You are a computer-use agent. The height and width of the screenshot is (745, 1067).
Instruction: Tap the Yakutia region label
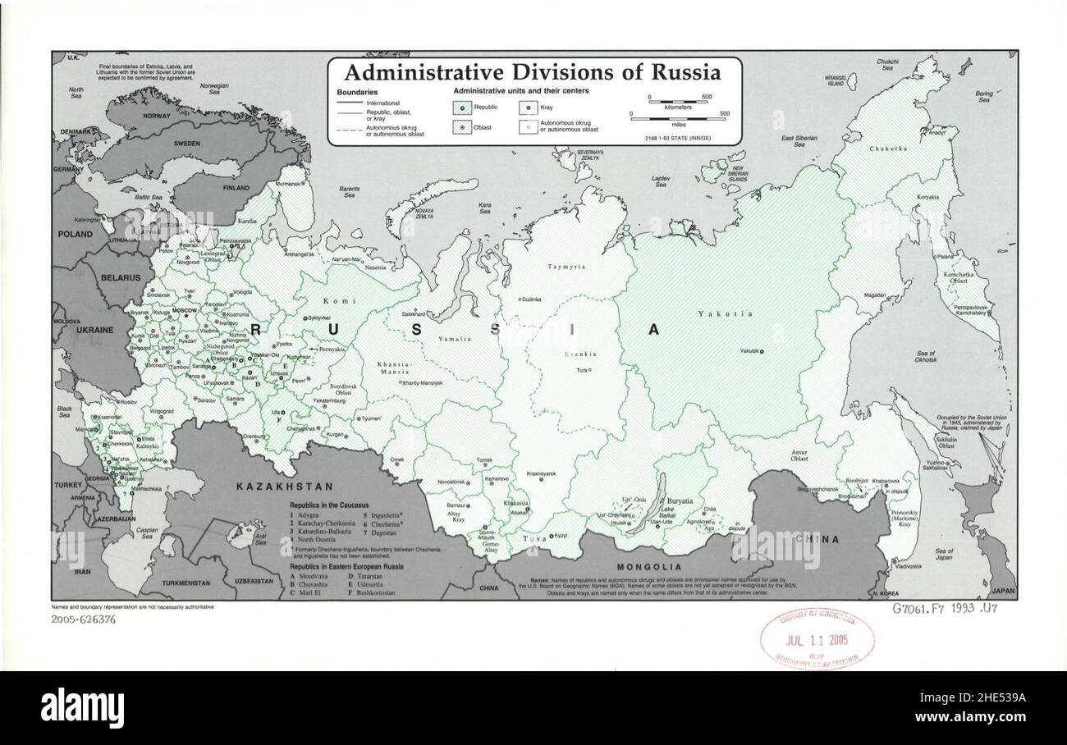714,313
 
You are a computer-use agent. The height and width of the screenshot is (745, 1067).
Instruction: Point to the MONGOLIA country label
649,567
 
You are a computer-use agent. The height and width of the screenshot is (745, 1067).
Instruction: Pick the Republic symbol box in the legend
463,107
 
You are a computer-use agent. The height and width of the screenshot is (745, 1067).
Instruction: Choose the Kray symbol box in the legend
527,107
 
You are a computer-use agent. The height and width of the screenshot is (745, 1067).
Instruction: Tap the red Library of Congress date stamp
817,640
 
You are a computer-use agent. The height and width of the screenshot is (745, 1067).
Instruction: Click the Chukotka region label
890,149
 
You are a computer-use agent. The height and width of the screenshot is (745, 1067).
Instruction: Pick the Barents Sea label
350,192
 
